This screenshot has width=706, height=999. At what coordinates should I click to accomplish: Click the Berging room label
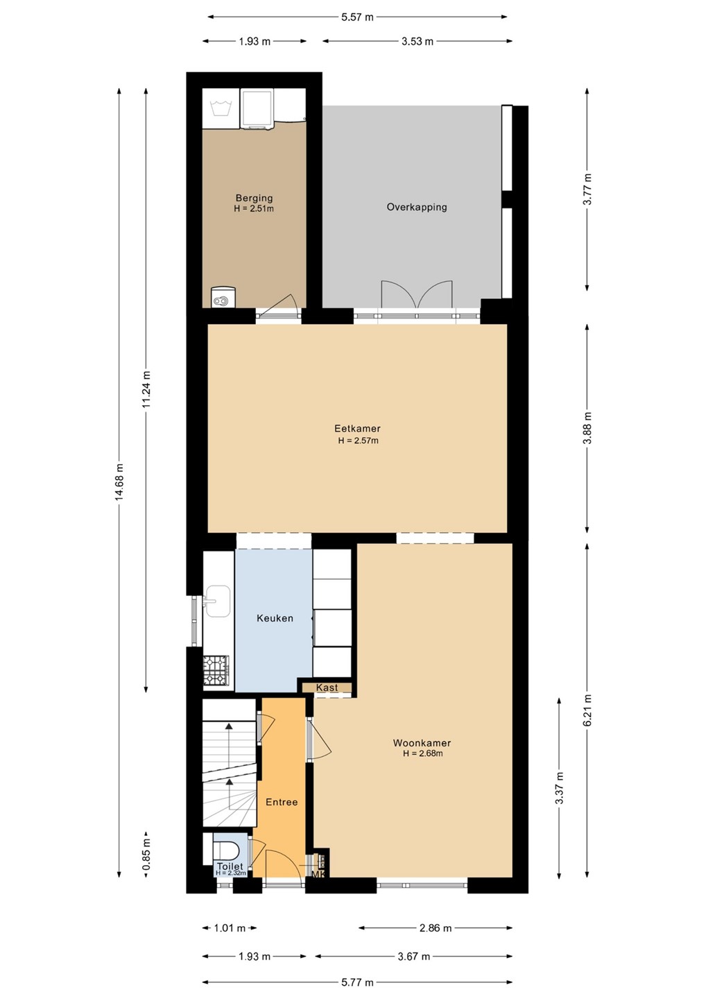click(254, 198)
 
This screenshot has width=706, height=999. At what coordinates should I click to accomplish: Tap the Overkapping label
click(417, 207)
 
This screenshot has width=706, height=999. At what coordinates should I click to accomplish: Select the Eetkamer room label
click(357, 429)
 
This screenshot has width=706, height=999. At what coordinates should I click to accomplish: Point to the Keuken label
click(275, 618)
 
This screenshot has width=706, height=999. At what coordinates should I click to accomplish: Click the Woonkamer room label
click(422, 743)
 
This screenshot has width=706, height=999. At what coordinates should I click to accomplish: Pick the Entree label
click(282, 802)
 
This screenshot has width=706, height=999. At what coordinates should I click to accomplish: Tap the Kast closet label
click(327, 688)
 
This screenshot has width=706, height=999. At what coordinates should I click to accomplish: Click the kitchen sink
click(217, 601)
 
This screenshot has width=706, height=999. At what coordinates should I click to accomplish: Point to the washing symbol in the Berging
click(220, 108)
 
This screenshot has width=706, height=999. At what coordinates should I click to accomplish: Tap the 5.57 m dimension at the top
click(357, 17)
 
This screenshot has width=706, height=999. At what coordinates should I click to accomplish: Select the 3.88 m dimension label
click(587, 427)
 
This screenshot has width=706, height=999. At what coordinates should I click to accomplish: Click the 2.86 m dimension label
click(436, 928)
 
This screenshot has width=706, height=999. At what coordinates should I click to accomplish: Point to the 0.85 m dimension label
click(146, 853)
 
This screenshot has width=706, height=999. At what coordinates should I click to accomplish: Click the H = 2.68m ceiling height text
click(422, 753)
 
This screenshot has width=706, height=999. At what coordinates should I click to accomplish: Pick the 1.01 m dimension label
click(230, 928)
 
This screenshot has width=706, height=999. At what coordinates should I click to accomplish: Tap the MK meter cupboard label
click(318, 875)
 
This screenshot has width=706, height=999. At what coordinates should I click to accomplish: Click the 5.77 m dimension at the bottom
click(357, 982)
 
